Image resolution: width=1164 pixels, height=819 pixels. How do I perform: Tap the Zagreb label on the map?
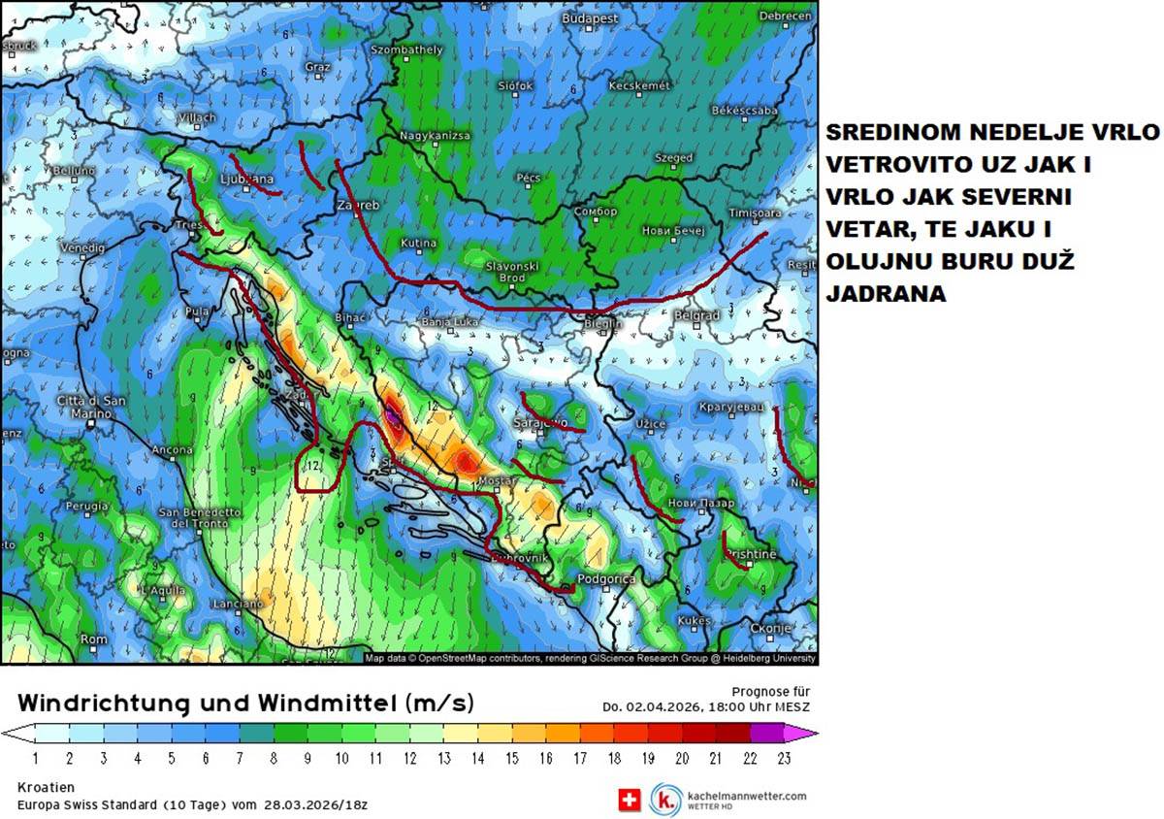click(x=357, y=207)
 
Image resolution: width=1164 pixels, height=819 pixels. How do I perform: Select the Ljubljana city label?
click(x=247, y=180)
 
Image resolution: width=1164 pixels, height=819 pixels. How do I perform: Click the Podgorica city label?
click(x=606, y=579)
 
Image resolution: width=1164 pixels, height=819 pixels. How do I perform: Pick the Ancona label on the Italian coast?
click(x=172, y=450)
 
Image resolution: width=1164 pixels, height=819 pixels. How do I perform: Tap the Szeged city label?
click(x=673, y=157)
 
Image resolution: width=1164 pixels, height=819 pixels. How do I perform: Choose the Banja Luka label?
click(x=450, y=321)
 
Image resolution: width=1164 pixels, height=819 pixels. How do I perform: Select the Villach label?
click(x=198, y=117)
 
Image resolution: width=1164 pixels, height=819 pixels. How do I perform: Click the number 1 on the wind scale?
click(x=36, y=759)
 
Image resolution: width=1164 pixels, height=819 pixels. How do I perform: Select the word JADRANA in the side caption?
click(x=886, y=294)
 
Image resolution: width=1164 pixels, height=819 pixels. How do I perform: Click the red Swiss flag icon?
click(x=630, y=799)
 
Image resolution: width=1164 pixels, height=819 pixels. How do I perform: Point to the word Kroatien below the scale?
click(x=46, y=787)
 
